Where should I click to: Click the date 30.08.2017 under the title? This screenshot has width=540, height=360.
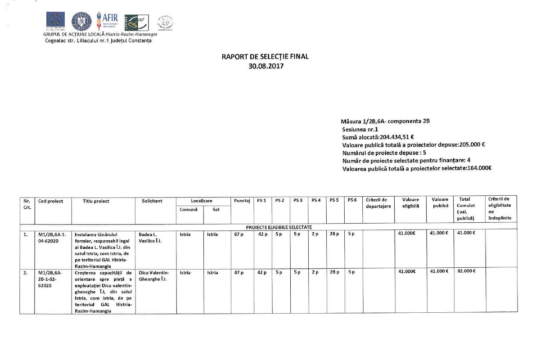[x=265, y=65]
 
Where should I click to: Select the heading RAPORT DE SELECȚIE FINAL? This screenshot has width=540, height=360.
[x=265, y=57]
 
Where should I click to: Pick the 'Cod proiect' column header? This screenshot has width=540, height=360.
[x=50, y=201]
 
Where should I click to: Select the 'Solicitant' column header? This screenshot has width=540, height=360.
[x=152, y=201]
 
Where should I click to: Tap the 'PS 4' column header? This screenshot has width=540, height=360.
[x=316, y=201]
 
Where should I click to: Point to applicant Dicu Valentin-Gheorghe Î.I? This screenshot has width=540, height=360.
[x=153, y=276]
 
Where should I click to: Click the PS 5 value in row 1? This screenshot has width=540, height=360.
[x=334, y=234]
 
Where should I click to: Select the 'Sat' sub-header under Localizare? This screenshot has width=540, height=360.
[x=216, y=210]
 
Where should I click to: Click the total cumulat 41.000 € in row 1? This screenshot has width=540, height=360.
[x=467, y=234]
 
